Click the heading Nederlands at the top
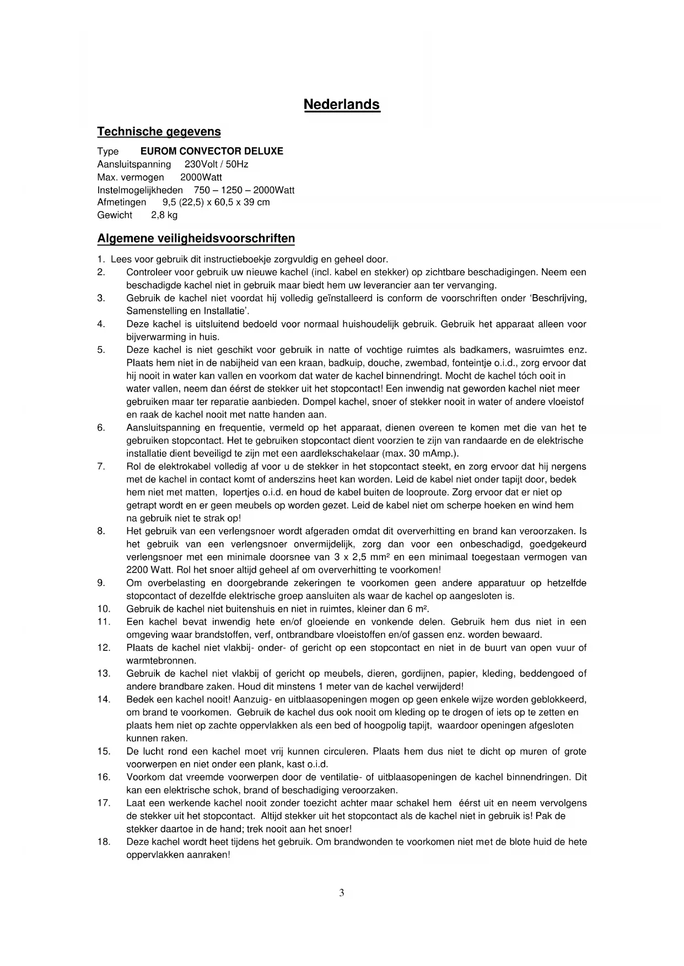pyautogui.click(x=342, y=105)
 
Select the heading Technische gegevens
pyautogui.click(x=159, y=132)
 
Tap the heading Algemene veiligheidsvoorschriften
pyautogui.click(x=196, y=238)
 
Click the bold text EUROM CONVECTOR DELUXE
pyautogui.click(x=212, y=151)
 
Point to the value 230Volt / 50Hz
pyautogui.click(x=216, y=164)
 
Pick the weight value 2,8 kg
pyautogui.click(x=164, y=215)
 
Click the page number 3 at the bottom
pyautogui.click(x=342, y=893)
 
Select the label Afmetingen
pyautogui.click(x=121, y=202)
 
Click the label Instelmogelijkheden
pyautogui.click(x=140, y=190)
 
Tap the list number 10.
pyautogui.click(x=104, y=609)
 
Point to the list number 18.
pyautogui.click(x=104, y=842)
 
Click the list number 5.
pyautogui.click(x=101, y=350)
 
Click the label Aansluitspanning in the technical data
pyautogui.click(x=134, y=164)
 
